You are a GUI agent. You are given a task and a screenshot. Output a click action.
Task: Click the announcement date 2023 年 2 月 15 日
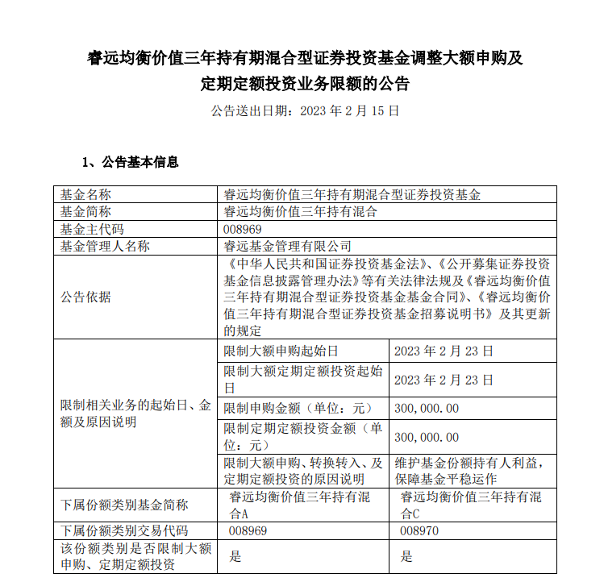tap(349, 111)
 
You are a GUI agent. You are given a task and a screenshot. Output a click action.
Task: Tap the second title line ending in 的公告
tap(305, 83)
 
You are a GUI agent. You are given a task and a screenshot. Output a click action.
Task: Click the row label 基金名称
tap(85, 194)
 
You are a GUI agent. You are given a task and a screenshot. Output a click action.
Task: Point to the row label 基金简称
tap(85, 212)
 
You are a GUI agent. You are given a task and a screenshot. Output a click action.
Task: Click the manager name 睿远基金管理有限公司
tap(288, 247)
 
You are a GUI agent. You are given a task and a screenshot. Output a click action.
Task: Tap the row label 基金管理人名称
tap(105, 247)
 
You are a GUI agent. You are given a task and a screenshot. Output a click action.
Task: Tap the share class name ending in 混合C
tap(472, 505)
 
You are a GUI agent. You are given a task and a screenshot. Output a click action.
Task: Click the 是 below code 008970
tap(406, 555)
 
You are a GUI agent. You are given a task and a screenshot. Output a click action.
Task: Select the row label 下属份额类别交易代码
tap(124, 531)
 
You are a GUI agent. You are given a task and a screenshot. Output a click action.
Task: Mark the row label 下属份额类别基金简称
tap(124, 505)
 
